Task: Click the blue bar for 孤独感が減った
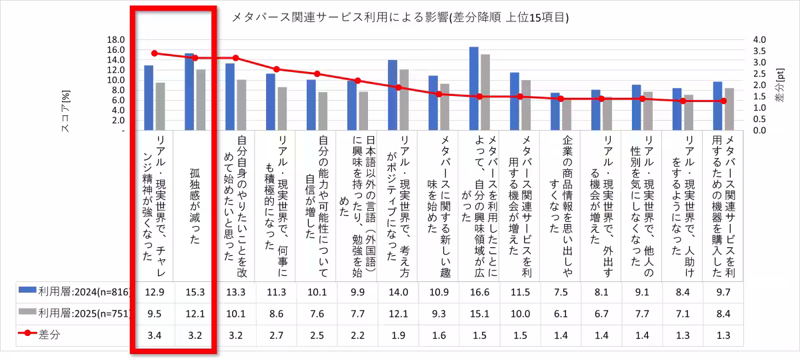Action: [189, 91]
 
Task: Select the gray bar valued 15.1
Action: [485, 92]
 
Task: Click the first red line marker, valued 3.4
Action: [154, 53]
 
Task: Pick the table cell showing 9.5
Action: [154, 313]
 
